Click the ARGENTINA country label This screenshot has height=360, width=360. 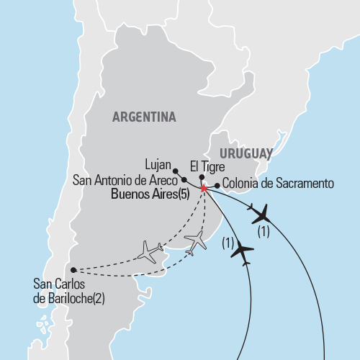click(x=144, y=117)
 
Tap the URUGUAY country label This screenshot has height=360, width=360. click(x=246, y=153)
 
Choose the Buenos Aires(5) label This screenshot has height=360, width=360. click(x=153, y=194)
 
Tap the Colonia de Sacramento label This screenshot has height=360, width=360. click(x=278, y=184)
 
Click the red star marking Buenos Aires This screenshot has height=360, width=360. click(x=204, y=189)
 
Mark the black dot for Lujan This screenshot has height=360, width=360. click(x=176, y=171)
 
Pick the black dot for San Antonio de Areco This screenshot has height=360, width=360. click(x=184, y=180)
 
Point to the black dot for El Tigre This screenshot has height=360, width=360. click(x=202, y=177)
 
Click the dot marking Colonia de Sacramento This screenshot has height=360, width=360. click(x=217, y=184)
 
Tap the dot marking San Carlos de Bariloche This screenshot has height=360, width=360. click(x=73, y=270)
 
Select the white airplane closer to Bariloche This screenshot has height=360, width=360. click(x=148, y=251)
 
